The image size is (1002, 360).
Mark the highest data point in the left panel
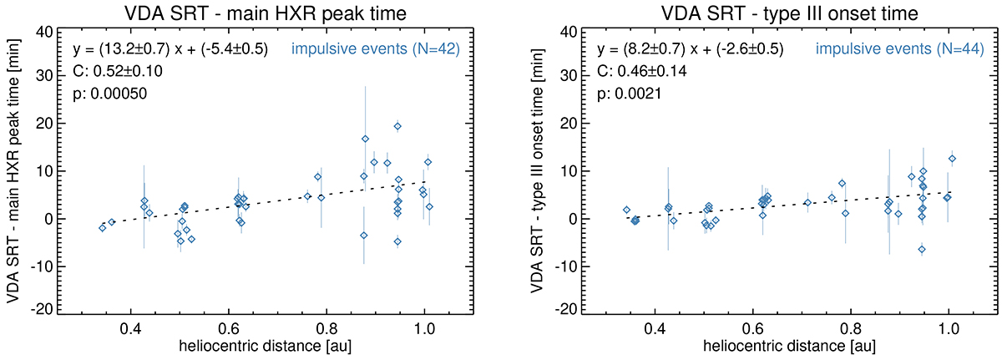click(x=397, y=126)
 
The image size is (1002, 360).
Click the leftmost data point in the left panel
click(x=103, y=227)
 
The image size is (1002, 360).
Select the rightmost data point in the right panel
click(x=952, y=159)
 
